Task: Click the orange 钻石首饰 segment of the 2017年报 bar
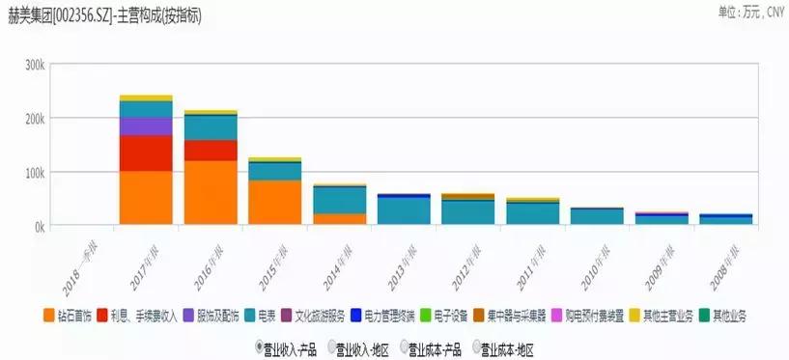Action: click(146, 198)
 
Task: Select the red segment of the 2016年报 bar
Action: click(211, 151)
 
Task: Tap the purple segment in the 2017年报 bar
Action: click(146, 126)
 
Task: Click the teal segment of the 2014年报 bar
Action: click(340, 199)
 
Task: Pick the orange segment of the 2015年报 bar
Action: click(275, 203)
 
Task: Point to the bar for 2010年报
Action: click(597, 215)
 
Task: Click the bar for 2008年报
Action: click(725, 219)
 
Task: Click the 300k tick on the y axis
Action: click(35, 65)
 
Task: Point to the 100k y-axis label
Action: click(35, 172)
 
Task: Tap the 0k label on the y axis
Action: click(40, 226)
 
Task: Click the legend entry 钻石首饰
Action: click(69, 316)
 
